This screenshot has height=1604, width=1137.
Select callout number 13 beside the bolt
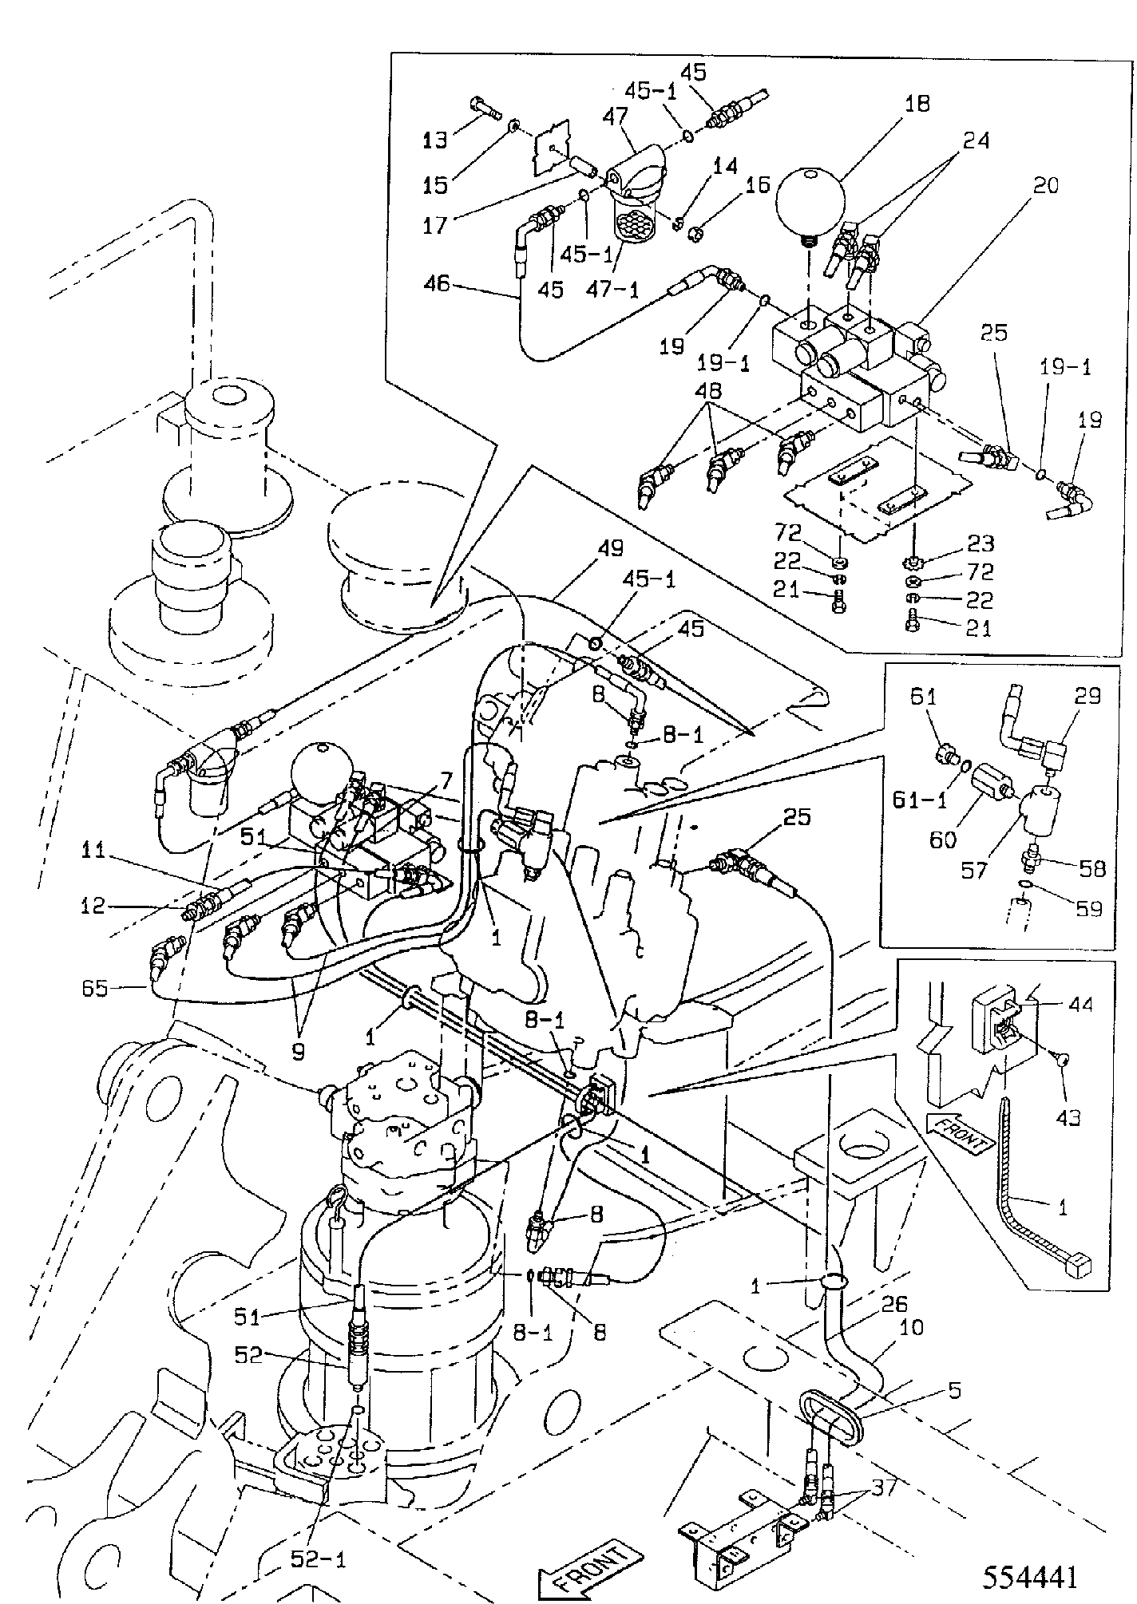[436, 140]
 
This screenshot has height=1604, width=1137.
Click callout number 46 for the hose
[438, 284]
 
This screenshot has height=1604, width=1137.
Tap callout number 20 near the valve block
[1045, 185]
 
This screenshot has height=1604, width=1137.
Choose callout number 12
[93, 907]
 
